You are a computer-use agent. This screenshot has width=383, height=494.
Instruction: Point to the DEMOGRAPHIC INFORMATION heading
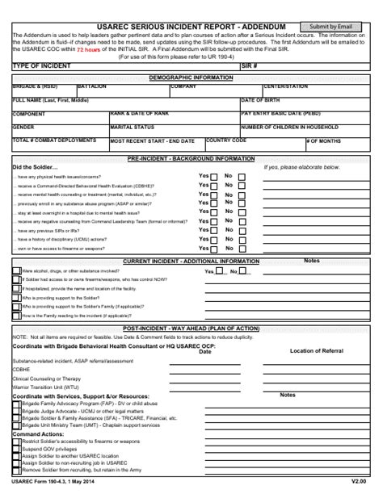[x=191, y=77]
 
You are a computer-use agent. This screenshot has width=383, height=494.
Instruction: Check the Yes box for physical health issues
[x=214, y=176]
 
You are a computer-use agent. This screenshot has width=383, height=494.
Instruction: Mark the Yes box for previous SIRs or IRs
[x=214, y=229]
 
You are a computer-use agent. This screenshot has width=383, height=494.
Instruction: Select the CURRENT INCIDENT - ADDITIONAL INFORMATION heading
[x=191, y=262]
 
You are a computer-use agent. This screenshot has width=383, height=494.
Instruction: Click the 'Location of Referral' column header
[x=317, y=351]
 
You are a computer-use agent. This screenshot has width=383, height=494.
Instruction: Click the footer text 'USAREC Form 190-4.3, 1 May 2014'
[x=53, y=482]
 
